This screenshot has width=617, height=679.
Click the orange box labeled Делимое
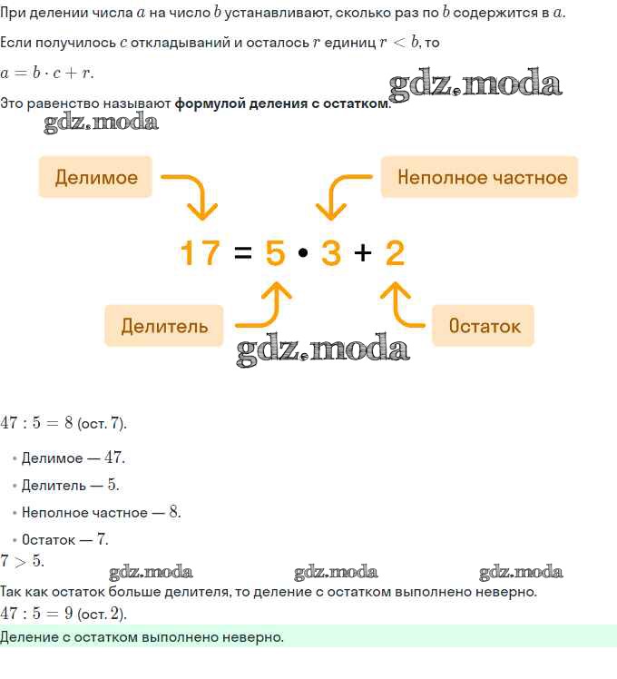[95, 177]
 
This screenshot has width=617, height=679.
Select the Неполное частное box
[479, 177]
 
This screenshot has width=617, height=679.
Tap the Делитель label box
[163, 326]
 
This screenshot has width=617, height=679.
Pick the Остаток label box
[483, 326]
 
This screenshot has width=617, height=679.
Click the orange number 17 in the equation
[200, 252]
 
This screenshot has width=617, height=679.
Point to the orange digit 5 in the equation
[275, 252]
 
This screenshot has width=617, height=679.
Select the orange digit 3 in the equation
[331, 252]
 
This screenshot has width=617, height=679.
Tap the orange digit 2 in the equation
[395, 252]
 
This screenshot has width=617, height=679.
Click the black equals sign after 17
[242, 252]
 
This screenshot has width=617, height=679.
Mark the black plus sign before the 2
[363, 252]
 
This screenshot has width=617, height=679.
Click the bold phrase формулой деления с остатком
[281, 103]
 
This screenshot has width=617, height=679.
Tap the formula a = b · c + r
[47, 73]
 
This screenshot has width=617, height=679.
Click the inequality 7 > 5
[22, 561]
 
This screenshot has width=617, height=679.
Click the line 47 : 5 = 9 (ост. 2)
[64, 614]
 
